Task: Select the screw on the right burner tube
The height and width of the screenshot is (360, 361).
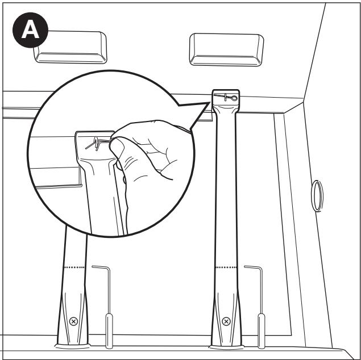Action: (x=226, y=321)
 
